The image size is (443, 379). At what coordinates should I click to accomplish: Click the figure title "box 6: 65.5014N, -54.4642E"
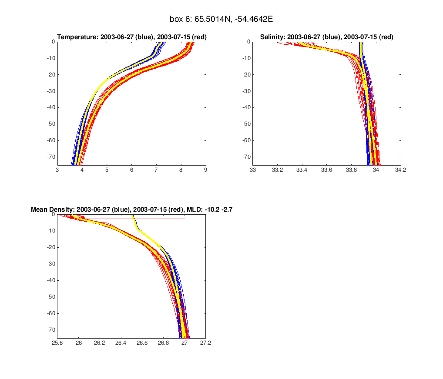[x=221, y=19]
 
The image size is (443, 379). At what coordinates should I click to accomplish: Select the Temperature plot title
[x=132, y=37]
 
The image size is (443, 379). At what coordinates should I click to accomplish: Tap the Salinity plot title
[x=326, y=37]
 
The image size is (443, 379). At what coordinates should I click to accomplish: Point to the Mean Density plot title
[x=131, y=209]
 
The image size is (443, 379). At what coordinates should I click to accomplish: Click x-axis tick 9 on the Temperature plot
[x=206, y=170]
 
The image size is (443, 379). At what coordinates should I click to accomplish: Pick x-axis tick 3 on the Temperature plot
[x=57, y=170]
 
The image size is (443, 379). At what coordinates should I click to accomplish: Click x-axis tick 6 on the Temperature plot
[x=131, y=170]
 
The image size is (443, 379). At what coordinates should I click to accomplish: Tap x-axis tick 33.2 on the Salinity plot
[x=278, y=170]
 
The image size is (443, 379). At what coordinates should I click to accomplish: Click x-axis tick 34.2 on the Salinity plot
[x=400, y=170]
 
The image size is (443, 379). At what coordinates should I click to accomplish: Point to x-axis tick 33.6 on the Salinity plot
[x=327, y=170]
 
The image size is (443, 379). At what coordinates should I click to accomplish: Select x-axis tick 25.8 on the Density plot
[x=57, y=342]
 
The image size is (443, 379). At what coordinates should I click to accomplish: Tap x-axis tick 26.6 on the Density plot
[x=142, y=342]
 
